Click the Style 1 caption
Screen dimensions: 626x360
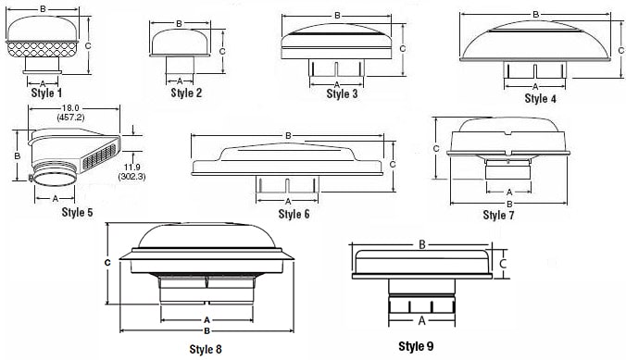coord(46,93)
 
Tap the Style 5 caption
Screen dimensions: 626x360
coord(77,212)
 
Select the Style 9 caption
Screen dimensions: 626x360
coord(416,346)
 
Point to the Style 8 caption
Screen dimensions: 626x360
coord(206,349)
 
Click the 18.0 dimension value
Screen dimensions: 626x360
coord(70,108)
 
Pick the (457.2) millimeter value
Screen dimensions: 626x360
coord(70,118)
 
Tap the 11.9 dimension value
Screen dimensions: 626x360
coord(131,168)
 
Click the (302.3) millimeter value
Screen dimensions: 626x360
coord(131,177)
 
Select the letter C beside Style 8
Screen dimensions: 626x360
coord(107,263)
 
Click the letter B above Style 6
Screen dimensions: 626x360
coord(288,136)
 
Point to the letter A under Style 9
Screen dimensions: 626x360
coord(421,320)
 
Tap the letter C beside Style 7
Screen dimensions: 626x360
coord(436,148)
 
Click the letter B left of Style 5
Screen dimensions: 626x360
coord(18,155)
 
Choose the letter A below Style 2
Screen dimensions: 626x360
coord(180,81)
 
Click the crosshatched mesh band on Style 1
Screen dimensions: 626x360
coord(42,49)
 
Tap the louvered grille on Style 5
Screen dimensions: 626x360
coord(99,156)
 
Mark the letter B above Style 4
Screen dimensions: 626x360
coord(536,15)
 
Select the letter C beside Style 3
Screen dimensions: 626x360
coord(403,49)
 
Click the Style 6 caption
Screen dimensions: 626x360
coord(294,214)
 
